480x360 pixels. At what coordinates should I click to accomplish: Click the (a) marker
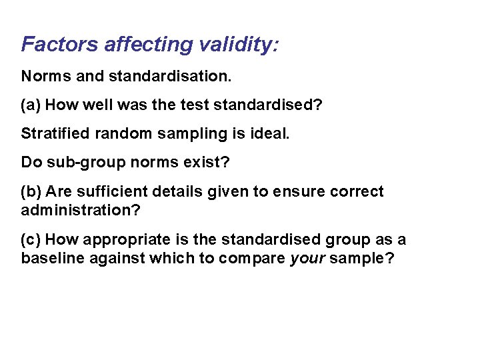pyautogui.click(x=31, y=105)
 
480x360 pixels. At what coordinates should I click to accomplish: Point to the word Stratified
pyautogui.click(x=55, y=133)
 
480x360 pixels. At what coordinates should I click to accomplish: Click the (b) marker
pyautogui.click(x=31, y=191)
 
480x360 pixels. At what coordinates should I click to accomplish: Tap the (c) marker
pyautogui.click(x=31, y=239)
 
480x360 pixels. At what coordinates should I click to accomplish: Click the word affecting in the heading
pyautogui.click(x=147, y=45)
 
